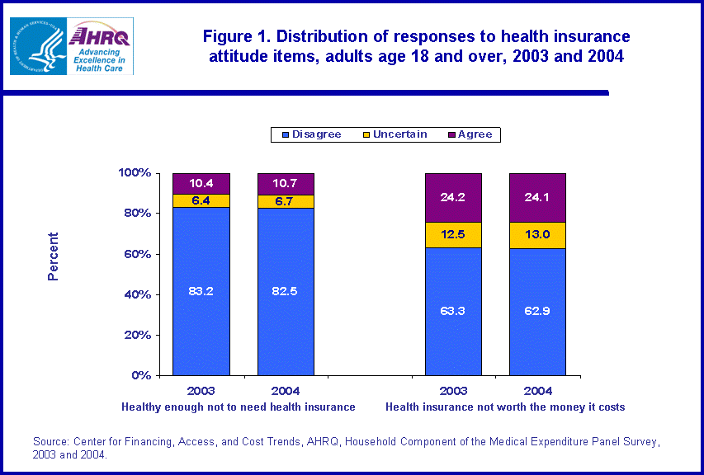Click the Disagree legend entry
(311, 134)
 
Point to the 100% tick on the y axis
(135, 173)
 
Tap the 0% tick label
(141, 375)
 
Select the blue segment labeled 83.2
(201, 291)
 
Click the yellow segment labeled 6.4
(201, 200)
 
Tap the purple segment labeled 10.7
(286, 184)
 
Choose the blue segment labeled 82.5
(286, 291)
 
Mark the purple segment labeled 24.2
(453, 197)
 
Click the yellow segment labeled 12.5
(453, 235)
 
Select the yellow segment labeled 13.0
(537, 235)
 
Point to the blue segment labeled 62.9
(537, 312)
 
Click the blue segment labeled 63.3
(453, 312)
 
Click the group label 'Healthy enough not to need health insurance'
(239, 407)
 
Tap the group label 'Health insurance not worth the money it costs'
(505, 407)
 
